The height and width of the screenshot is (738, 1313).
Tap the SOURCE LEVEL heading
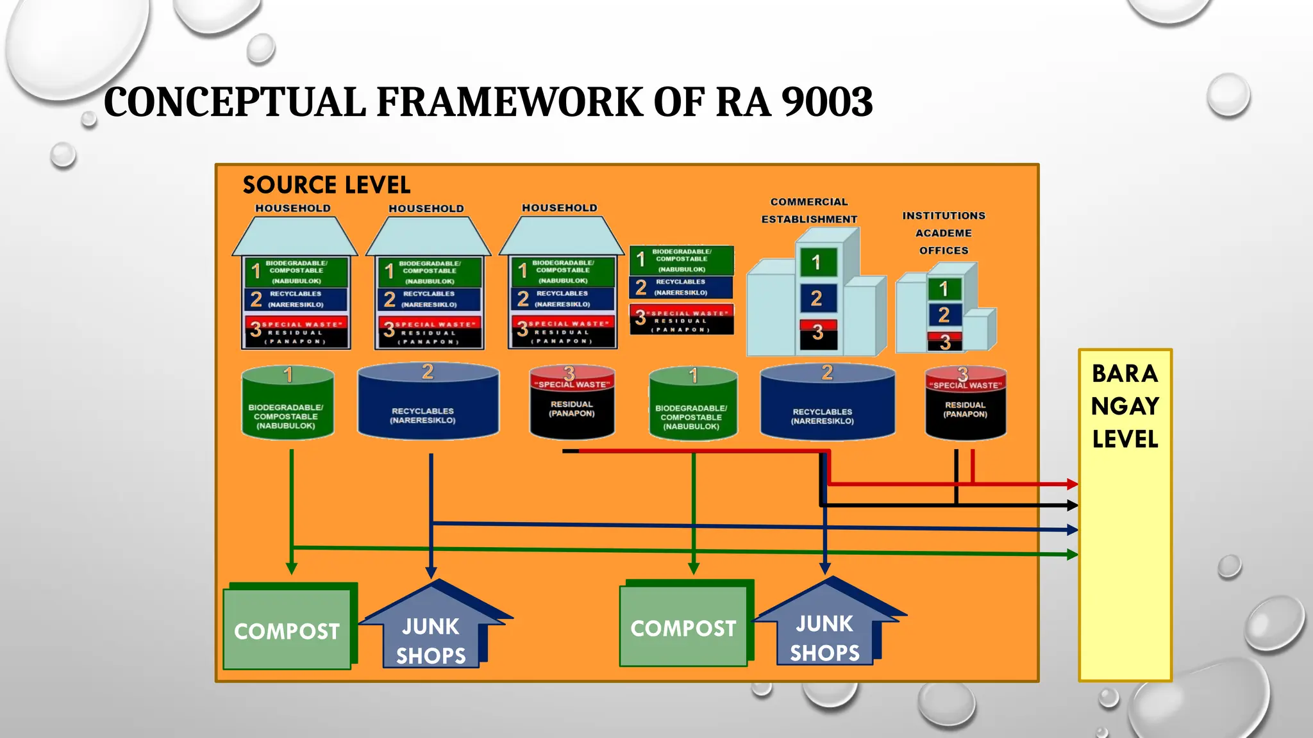(x=326, y=185)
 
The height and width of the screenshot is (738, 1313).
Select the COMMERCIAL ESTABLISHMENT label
(x=809, y=210)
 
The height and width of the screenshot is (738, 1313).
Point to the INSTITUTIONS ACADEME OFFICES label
(x=944, y=233)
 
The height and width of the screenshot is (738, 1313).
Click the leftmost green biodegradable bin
(x=287, y=404)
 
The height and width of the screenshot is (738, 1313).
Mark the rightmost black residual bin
(x=966, y=404)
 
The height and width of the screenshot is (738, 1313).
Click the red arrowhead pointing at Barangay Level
(x=1072, y=484)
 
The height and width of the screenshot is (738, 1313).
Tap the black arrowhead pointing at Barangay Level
(x=1072, y=505)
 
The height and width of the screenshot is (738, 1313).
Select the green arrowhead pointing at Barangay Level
(x=1072, y=554)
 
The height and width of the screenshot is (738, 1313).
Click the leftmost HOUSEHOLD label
(x=293, y=208)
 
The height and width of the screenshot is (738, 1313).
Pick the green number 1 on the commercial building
(x=816, y=262)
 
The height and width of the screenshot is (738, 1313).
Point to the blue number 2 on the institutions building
(x=944, y=315)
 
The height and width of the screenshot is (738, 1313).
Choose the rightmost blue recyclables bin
(x=828, y=404)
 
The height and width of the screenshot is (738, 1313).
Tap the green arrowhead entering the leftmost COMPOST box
(x=292, y=569)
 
